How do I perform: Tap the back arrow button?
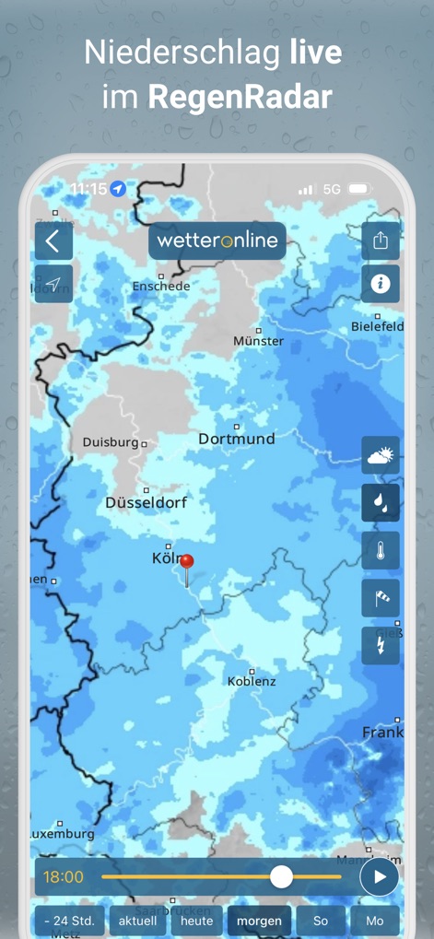pyautogui.click(x=53, y=242)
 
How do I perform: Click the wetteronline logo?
pyautogui.click(x=217, y=241)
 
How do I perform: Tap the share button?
pyautogui.click(x=381, y=241)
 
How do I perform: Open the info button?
pyautogui.click(x=381, y=285)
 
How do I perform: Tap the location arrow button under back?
pyautogui.click(x=53, y=285)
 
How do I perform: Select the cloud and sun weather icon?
pyautogui.click(x=381, y=455)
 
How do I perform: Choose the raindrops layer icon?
pyautogui.click(x=381, y=503)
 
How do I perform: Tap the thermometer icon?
pyautogui.click(x=381, y=551)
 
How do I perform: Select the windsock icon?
pyautogui.click(x=381, y=598)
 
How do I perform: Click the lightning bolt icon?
pyautogui.click(x=381, y=646)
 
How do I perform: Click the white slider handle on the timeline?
pyautogui.click(x=281, y=876)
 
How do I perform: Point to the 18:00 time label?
pyautogui.click(x=64, y=877)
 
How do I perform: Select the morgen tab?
pyautogui.click(x=259, y=921)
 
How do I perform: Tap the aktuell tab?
pyautogui.click(x=138, y=921)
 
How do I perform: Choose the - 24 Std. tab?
pyautogui.click(x=70, y=921)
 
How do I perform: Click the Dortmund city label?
pyautogui.click(x=237, y=439)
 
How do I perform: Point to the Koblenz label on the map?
pyautogui.click(x=252, y=681)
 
